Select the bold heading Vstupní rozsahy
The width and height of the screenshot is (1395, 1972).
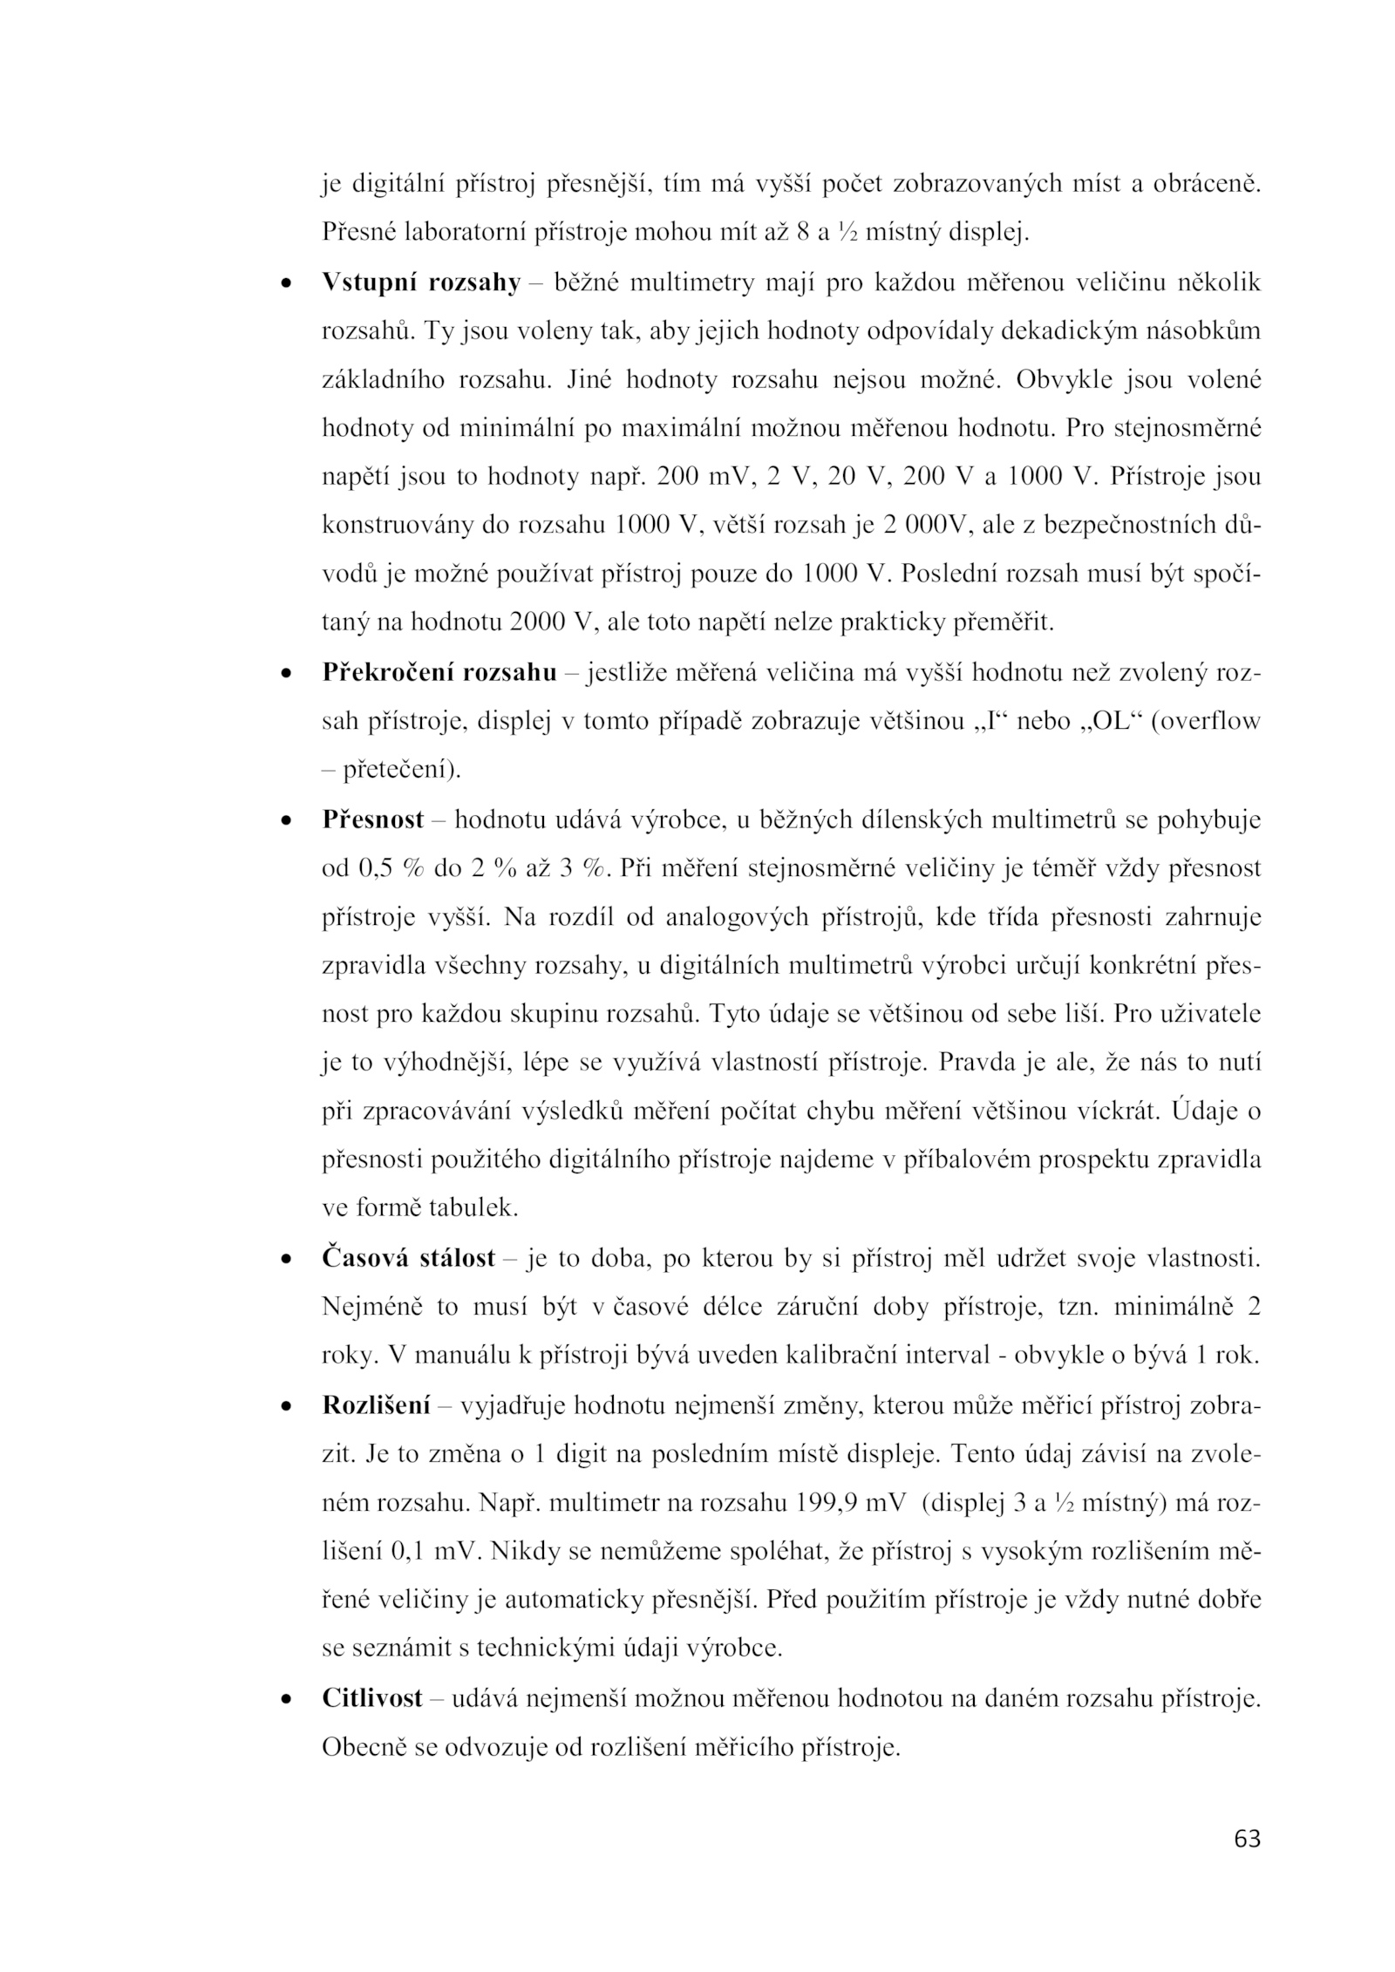tap(420, 283)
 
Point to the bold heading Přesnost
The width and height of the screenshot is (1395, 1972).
tap(372, 820)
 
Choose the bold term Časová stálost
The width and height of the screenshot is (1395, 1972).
tap(408, 1259)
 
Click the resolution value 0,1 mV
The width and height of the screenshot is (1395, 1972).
tap(432, 1553)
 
